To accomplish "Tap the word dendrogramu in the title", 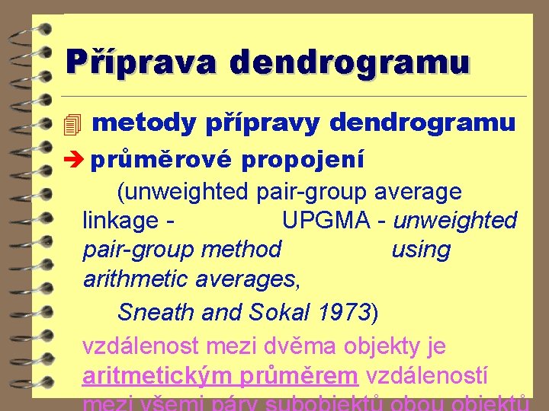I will tap(350, 61).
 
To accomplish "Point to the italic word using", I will tap(420, 250).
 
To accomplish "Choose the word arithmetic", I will tap(136, 279).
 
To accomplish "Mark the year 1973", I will tap(342, 312).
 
